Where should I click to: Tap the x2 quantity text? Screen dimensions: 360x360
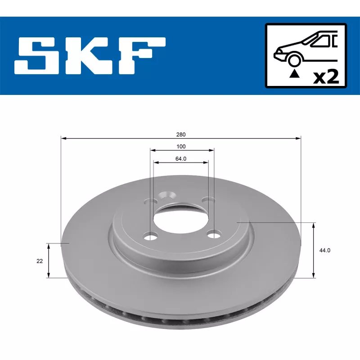[x=325, y=77]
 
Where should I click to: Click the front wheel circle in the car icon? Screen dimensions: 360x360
[x=295, y=60]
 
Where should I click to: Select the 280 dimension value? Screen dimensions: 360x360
[x=181, y=134]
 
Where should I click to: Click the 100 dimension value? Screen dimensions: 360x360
[x=181, y=146]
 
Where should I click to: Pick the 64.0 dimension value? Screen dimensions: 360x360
[x=181, y=158]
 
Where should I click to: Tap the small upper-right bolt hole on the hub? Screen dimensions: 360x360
[x=207, y=199]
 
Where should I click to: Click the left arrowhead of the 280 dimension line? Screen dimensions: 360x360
[x=63, y=139]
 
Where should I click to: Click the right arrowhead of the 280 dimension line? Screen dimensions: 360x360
[x=298, y=139]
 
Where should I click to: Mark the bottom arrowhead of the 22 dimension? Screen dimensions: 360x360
[x=49, y=275]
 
